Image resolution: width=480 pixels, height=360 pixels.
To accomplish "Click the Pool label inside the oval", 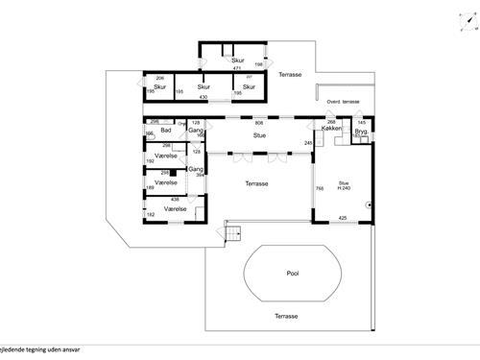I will pos(293,273).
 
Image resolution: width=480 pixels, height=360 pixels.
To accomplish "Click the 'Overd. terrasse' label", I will pos(344,100).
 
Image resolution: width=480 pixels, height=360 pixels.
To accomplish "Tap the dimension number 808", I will pos(258,122).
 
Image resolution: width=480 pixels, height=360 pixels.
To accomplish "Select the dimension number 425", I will pos(343,218).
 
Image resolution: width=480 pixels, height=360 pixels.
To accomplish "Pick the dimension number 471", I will pos(237,68).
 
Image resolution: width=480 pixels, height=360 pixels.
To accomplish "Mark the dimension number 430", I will pos(204,98).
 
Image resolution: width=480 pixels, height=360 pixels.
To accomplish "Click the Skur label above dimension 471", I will pos(237,60).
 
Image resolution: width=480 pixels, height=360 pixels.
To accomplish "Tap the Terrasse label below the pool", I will pos(286,316).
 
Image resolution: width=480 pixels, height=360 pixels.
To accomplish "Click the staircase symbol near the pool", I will pos(231,231).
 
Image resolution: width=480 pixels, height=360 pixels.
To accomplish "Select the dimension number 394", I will pos(200,176).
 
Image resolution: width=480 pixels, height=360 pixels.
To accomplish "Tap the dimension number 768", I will pos(320,188).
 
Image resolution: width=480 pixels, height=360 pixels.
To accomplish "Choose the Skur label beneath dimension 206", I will pos(160,86).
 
